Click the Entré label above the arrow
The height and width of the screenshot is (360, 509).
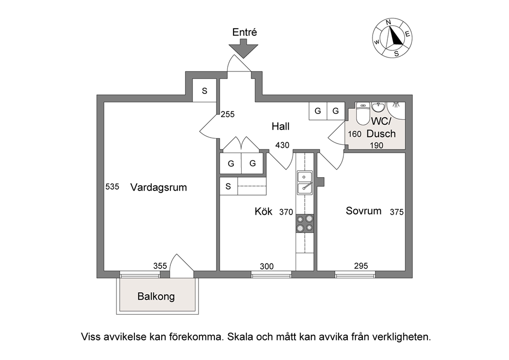244,32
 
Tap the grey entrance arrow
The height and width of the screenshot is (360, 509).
243,48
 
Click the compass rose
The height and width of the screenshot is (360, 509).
392,38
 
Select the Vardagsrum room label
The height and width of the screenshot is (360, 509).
159,187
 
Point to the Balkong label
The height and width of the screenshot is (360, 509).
156,296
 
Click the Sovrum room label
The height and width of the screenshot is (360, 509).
364,211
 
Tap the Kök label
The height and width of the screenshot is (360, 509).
263,211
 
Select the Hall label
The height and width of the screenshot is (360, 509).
281,126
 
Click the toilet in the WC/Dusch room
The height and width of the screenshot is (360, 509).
363,113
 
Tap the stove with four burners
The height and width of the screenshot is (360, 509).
305,223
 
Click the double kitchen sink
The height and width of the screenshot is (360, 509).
305,182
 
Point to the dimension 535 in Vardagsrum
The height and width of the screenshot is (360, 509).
112,186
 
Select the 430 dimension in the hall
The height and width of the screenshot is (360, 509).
282,145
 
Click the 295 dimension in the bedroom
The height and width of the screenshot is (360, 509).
361,266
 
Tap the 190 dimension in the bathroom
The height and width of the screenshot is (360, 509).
377,145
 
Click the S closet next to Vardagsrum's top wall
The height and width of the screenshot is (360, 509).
205,91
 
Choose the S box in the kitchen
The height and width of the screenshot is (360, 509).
228,186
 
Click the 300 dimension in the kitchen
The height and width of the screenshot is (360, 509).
267,267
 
